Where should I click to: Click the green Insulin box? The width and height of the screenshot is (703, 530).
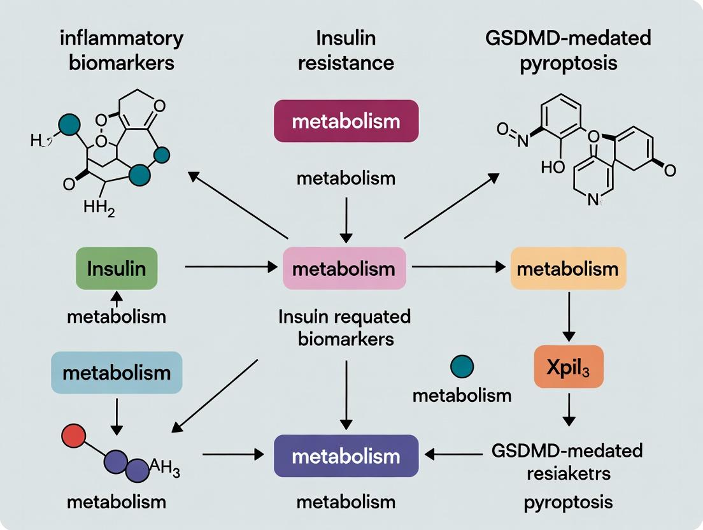click(x=116, y=269)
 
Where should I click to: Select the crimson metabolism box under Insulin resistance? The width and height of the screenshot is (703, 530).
click(x=346, y=121)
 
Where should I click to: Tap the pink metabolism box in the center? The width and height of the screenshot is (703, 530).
click(x=344, y=269)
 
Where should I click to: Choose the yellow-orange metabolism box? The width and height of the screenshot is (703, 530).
click(x=569, y=269)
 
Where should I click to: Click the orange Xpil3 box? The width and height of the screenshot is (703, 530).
click(x=569, y=368)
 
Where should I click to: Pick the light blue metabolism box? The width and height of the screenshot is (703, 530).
click(x=116, y=372)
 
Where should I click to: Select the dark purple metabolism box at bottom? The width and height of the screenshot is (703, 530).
click(x=346, y=456)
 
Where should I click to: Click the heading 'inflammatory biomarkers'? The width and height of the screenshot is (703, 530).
click(x=121, y=51)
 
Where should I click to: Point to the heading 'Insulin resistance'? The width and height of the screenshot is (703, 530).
click(x=346, y=51)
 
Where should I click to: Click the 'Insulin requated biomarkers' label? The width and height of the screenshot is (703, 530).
click(x=344, y=327)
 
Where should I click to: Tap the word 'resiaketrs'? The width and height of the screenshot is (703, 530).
click(x=567, y=475)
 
